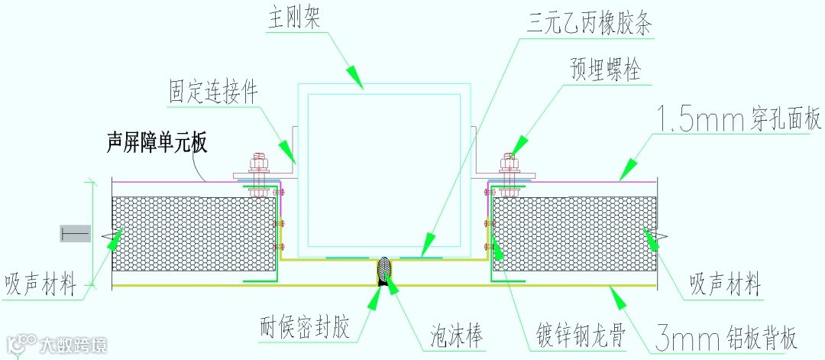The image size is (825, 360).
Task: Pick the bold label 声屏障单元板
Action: pyautogui.click(x=157, y=141)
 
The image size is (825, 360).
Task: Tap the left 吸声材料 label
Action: pyautogui.click(x=40, y=285)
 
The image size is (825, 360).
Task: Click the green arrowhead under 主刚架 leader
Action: pyautogui.click(x=354, y=76)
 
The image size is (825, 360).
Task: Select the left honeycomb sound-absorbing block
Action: pyautogui.click(x=194, y=233)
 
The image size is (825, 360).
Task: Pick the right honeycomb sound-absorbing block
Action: pyautogui.click(x=574, y=233)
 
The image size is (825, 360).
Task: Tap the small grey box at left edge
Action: pyautogui.click(x=75, y=234)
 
